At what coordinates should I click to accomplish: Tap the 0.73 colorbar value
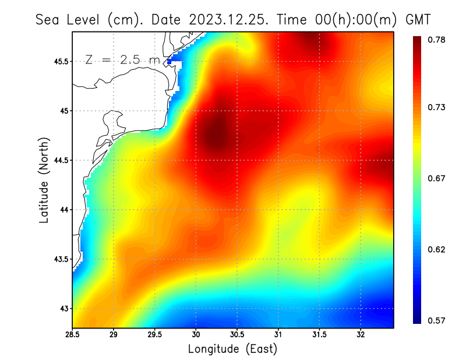tap(437, 107)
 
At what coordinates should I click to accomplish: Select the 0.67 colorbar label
tap(437, 178)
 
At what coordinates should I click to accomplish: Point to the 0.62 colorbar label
tap(437, 249)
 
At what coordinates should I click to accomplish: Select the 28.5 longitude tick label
tap(73, 336)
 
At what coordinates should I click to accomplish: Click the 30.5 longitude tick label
tap(237, 336)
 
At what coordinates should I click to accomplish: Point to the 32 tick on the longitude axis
tap(361, 336)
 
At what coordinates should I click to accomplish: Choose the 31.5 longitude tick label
tap(319, 336)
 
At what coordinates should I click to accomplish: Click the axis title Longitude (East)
tap(232, 349)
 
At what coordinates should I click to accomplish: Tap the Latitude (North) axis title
tap(44, 180)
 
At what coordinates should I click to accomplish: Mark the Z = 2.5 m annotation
tap(122, 59)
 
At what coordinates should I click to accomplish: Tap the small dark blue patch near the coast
tap(170, 61)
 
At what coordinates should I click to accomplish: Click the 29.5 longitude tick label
tap(155, 336)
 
